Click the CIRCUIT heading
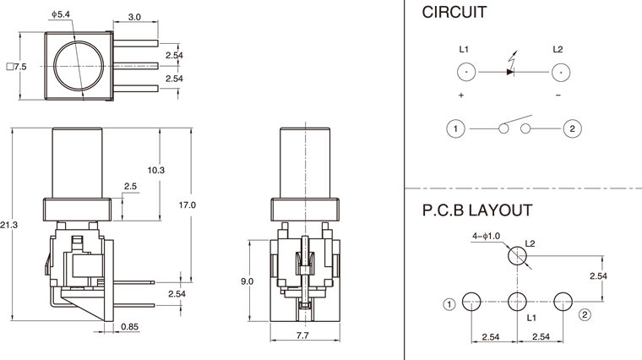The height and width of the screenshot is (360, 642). click(454, 14)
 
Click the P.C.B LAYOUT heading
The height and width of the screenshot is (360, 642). click(477, 210)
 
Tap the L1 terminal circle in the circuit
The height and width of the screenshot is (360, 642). click(468, 73)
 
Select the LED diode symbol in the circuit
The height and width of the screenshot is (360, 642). click(510, 70)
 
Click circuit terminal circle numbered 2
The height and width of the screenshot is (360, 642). click(572, 128)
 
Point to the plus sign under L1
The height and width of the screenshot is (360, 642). click(461, 95)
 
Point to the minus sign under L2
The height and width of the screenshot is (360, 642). click(558, 95)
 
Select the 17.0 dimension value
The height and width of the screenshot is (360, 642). click(188, 205)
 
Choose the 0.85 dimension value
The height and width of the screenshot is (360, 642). click(130, 325)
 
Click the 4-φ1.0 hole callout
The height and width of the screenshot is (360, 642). click(487, 237)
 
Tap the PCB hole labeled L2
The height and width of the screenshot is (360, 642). click(516, 254)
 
